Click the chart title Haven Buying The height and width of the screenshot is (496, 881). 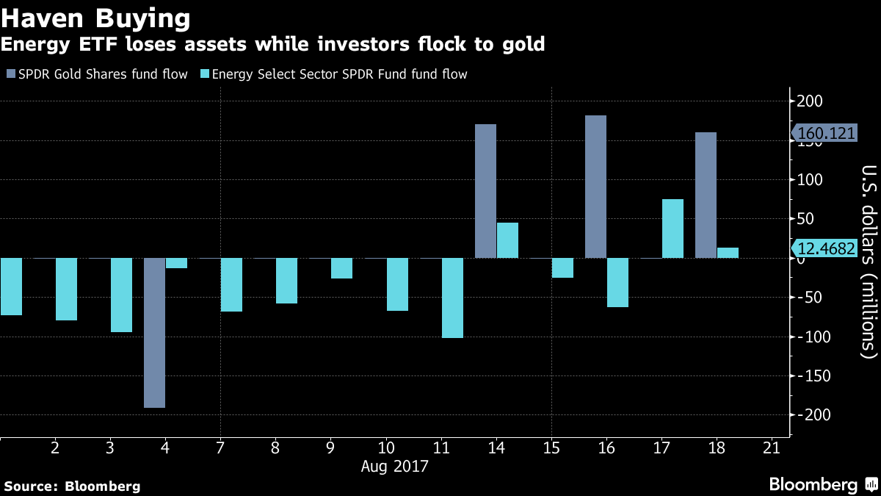(x=96, y=17)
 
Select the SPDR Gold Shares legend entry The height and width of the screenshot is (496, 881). (x=97, y=74)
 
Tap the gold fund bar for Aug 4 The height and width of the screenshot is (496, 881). (x=154, y=332)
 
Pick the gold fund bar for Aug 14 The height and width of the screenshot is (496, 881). (x=485, y=191)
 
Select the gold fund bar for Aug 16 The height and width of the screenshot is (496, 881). (x=595, y=187)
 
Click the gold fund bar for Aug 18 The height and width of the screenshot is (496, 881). (x=706, y=195)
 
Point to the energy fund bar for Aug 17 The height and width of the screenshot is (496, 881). (x=672, y=229)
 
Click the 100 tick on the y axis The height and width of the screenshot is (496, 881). (x=810, y=180)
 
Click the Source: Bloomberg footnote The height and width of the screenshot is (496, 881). (x=73, y=486)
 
